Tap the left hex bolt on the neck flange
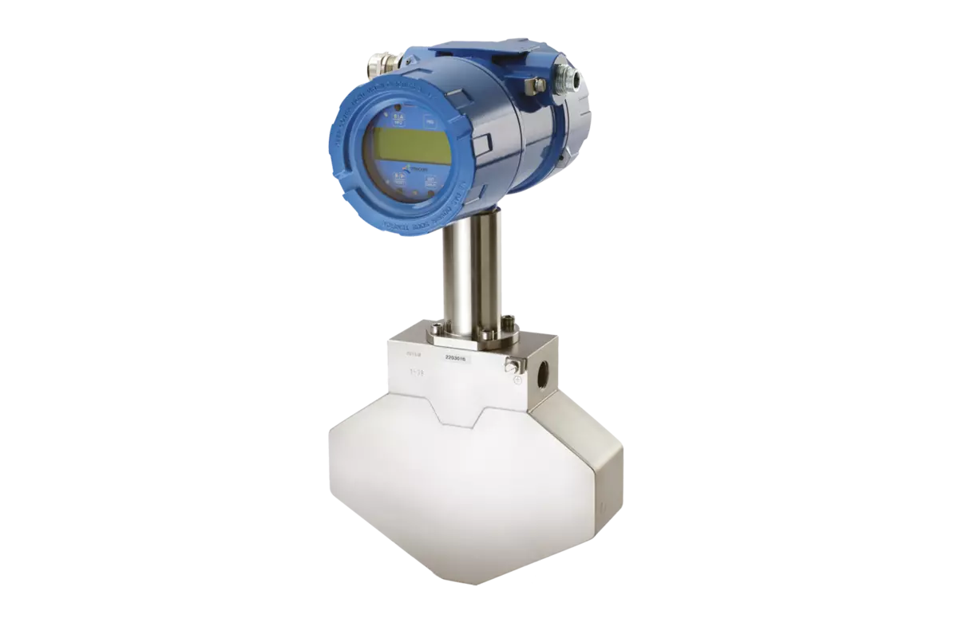[x=436, y=329]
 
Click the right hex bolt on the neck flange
[x=505, y=323]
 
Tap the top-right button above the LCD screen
[x=430, y=122]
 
